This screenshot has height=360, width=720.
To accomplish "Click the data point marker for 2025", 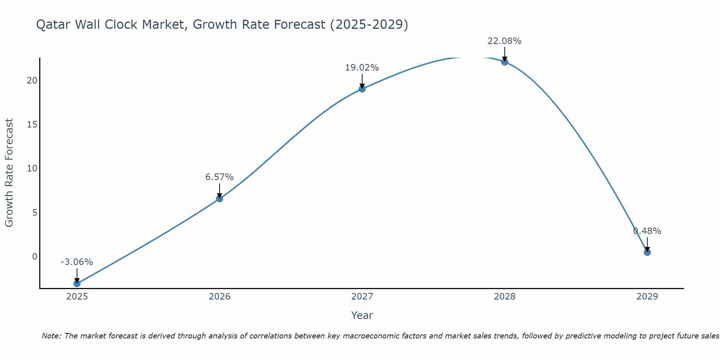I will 77,283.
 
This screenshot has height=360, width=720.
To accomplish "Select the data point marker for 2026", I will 219,198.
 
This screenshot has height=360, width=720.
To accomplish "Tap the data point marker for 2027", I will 362,89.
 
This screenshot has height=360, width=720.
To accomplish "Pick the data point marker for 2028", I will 505,62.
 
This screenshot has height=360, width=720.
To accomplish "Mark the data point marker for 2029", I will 647,252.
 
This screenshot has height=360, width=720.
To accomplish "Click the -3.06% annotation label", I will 77,262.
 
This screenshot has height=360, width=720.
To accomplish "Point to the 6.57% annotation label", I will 219,177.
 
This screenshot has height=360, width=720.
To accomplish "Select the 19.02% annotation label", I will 362,68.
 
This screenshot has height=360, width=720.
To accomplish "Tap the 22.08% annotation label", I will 505,41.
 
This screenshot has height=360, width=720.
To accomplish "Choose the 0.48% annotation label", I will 647,231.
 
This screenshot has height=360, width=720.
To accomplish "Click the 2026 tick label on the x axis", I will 219,297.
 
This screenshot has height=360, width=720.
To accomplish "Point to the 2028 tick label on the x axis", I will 505,297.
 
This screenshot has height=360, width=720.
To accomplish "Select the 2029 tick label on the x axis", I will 647,297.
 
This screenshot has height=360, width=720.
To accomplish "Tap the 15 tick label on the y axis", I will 32,125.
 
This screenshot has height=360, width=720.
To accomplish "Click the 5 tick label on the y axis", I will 35,212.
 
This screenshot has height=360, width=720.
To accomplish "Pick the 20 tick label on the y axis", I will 32,80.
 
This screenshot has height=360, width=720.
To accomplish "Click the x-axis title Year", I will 362,315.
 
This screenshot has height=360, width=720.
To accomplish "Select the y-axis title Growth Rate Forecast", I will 9,173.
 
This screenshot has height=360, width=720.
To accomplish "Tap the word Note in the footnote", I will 51,336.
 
